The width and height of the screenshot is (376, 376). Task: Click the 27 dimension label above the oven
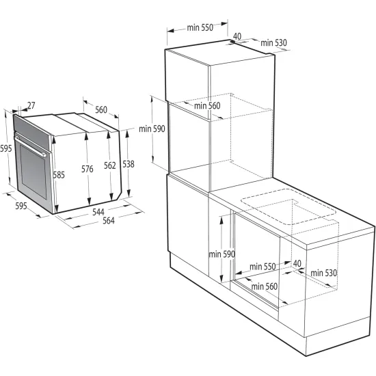(31, 106)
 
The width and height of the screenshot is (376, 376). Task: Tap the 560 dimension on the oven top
(100, 109)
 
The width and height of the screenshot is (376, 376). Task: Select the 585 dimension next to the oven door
(59, 174)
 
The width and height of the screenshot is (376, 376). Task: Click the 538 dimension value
(129, 163)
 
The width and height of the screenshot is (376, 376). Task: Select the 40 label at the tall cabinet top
(237, 36)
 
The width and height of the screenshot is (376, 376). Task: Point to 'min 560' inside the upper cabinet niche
(206, 105)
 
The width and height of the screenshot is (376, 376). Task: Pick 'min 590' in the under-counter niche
(221, 254)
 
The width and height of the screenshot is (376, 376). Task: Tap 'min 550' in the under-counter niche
(262, 266)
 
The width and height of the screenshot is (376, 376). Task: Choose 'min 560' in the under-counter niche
(264, 286)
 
